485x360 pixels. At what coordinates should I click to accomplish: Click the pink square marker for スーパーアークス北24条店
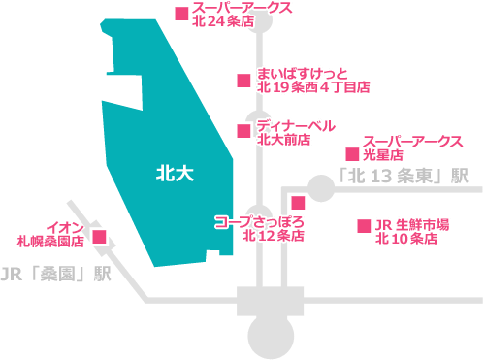[x=180, y=14]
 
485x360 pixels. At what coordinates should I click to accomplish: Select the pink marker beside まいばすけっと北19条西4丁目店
[x=242, y=81]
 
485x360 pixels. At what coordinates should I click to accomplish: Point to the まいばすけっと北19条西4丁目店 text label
[x=312, y=80]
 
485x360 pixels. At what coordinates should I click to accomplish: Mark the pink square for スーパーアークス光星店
[x=351, y=153]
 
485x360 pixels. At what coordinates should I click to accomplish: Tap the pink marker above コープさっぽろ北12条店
[x=298, y=203]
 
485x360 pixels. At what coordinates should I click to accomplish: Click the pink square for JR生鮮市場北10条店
[x=364, y=225]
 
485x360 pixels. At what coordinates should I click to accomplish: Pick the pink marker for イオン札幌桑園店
[x=99, y=236]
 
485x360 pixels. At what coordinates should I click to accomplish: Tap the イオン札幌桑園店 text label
[x=50, y=231]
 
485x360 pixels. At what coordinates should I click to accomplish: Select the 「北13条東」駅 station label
[x=403, y=177]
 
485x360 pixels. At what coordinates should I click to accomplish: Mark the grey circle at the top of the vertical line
[x=259, y=21]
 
